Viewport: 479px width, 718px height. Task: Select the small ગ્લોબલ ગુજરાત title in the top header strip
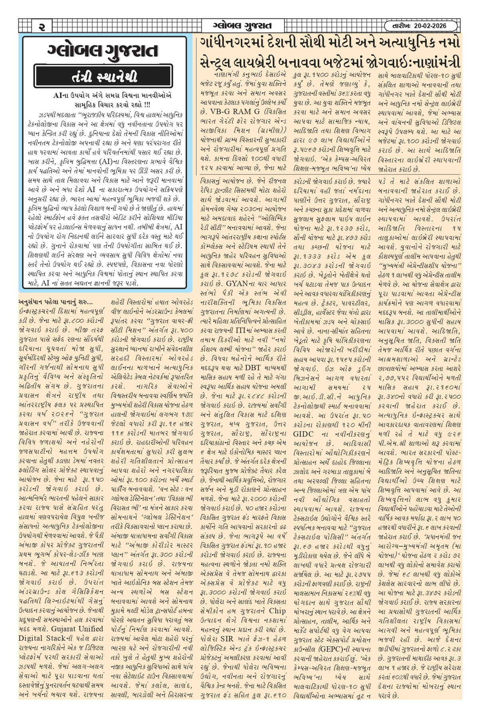pos(242,26)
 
